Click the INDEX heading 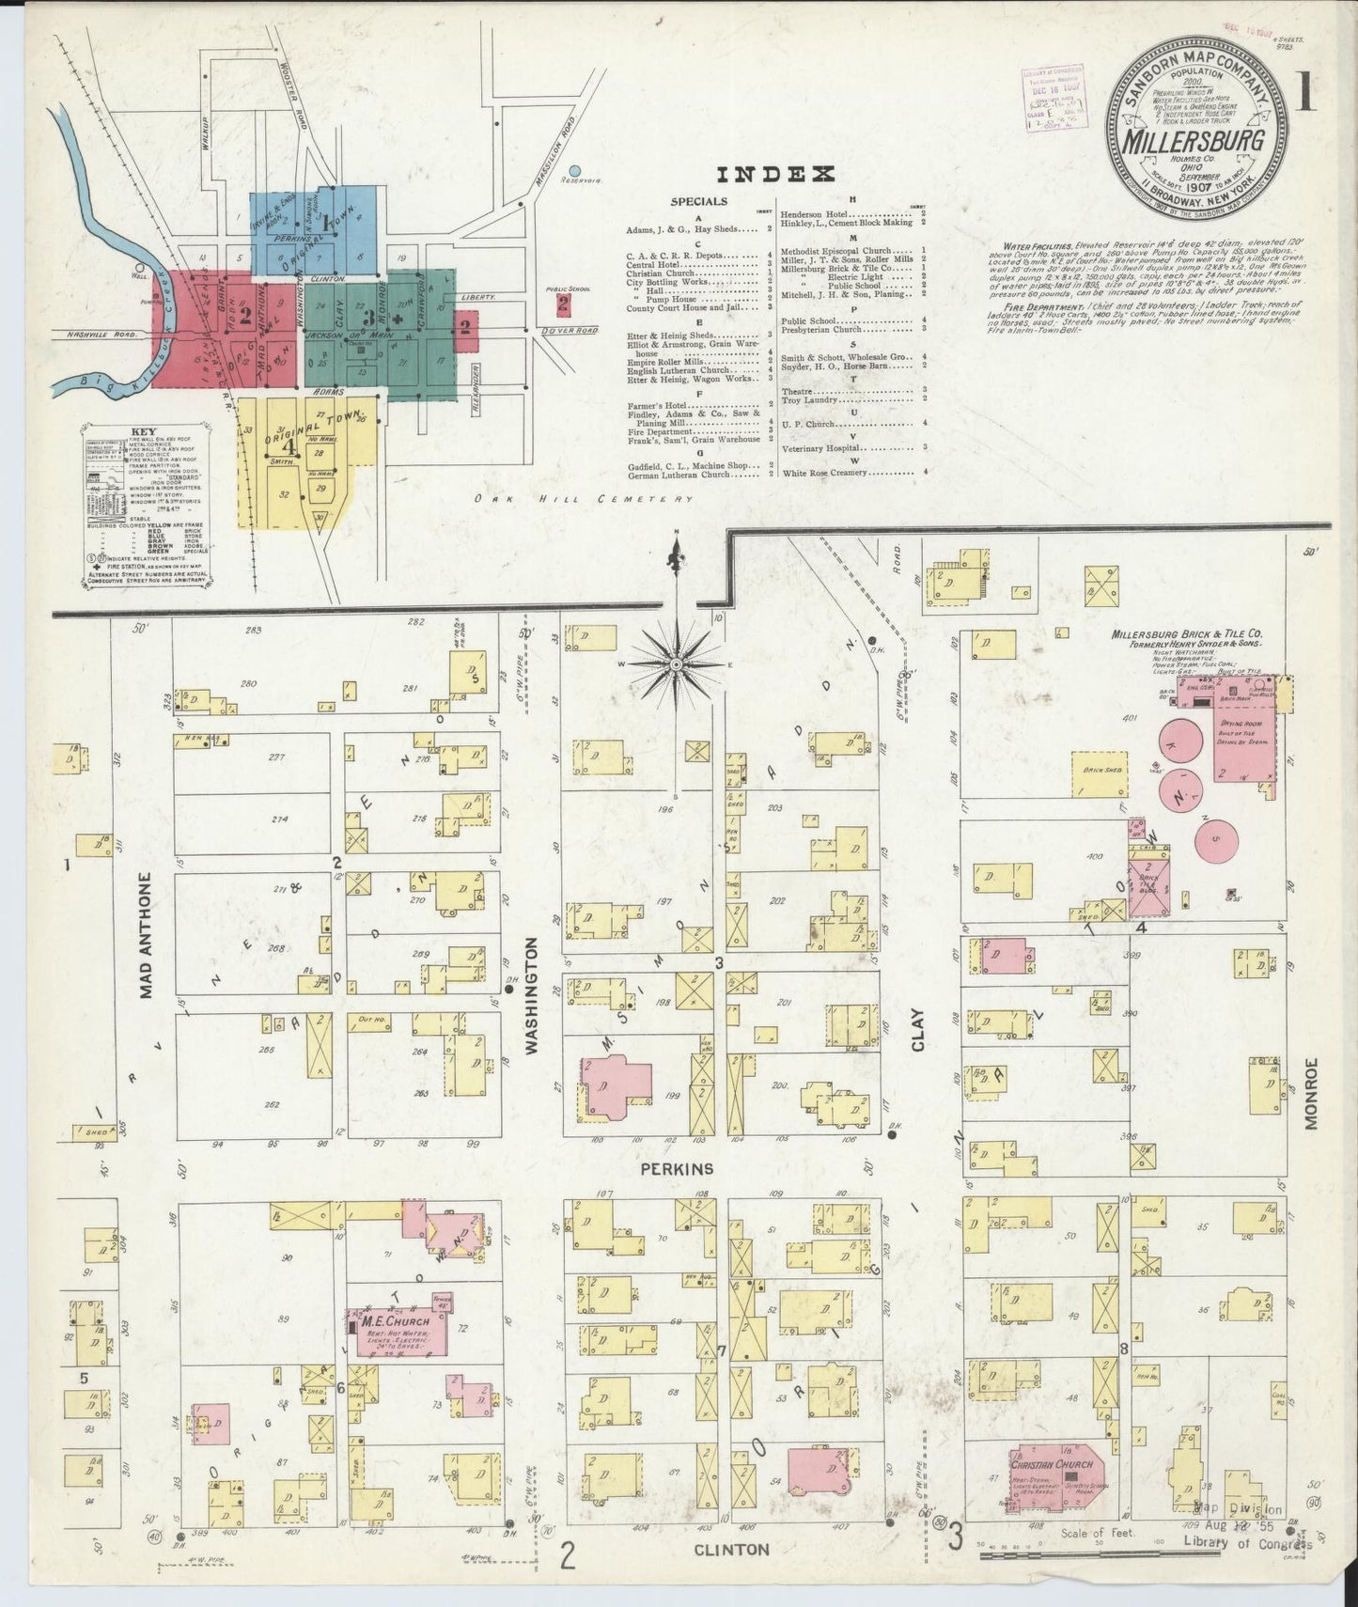(775, 174)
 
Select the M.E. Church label (395, 1321)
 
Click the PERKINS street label (678, 1169)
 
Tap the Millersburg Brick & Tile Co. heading (1186, 634)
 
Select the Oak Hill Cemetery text (583, 499)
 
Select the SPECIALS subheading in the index (698, 201)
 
